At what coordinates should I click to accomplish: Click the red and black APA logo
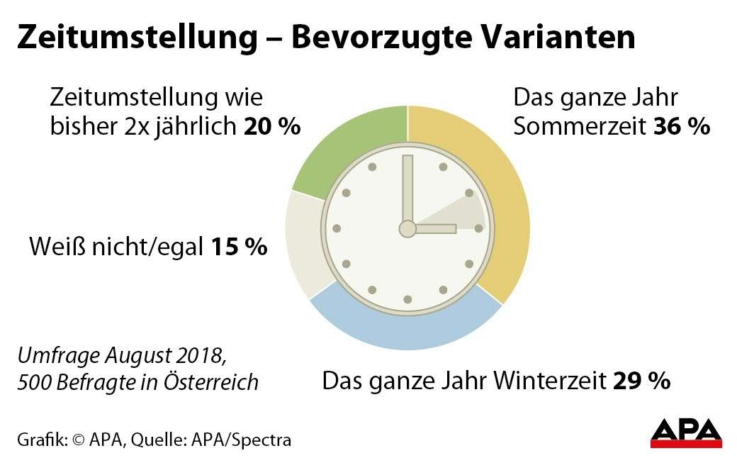(x=686, y=432)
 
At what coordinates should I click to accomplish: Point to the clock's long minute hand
(x=407, y=188)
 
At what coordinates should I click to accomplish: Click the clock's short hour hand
(x=434, y=228)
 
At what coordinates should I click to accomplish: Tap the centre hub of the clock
(x=407, y=228)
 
